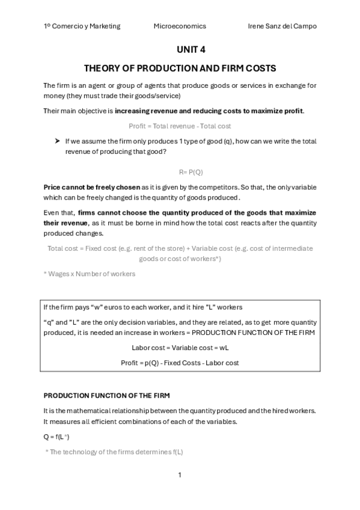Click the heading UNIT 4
coord(180,51)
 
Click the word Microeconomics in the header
coord(180,26)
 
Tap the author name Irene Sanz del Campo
coord(282,26)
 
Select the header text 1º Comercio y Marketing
coord(82,26)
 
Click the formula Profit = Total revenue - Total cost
coord(180,126)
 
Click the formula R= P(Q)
coord(180,171)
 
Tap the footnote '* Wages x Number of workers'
coord(90,274)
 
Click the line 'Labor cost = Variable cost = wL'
coord(180,348)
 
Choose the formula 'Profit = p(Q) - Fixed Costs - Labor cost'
coord(180,363)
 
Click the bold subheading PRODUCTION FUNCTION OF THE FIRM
coord(106,395)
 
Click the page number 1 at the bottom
coord(180,475)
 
